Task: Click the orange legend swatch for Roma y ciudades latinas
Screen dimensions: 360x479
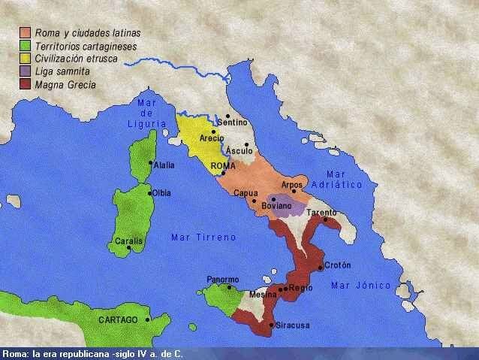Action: (x=25, y=33)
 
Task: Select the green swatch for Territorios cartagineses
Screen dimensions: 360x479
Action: (x=25, y=46)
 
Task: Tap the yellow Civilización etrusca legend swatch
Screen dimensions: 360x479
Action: (x=25, y=59)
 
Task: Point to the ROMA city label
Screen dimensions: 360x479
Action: (x=223, y=165)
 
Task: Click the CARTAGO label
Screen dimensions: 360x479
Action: (x=119, y=320)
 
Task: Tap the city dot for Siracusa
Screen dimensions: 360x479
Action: (x=271, y=325)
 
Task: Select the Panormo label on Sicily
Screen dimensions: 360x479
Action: (x=223, y=279)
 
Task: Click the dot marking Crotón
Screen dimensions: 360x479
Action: (x=321, y=267)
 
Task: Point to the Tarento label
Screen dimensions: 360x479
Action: (x=321, y=213)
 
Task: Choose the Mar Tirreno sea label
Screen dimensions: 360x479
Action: (x=203, y=237)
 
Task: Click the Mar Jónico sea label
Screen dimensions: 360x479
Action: (x=361, y=286)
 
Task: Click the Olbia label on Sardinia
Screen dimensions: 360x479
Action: (x=161, y=193)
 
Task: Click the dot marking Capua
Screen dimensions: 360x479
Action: (x=255, y=201)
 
